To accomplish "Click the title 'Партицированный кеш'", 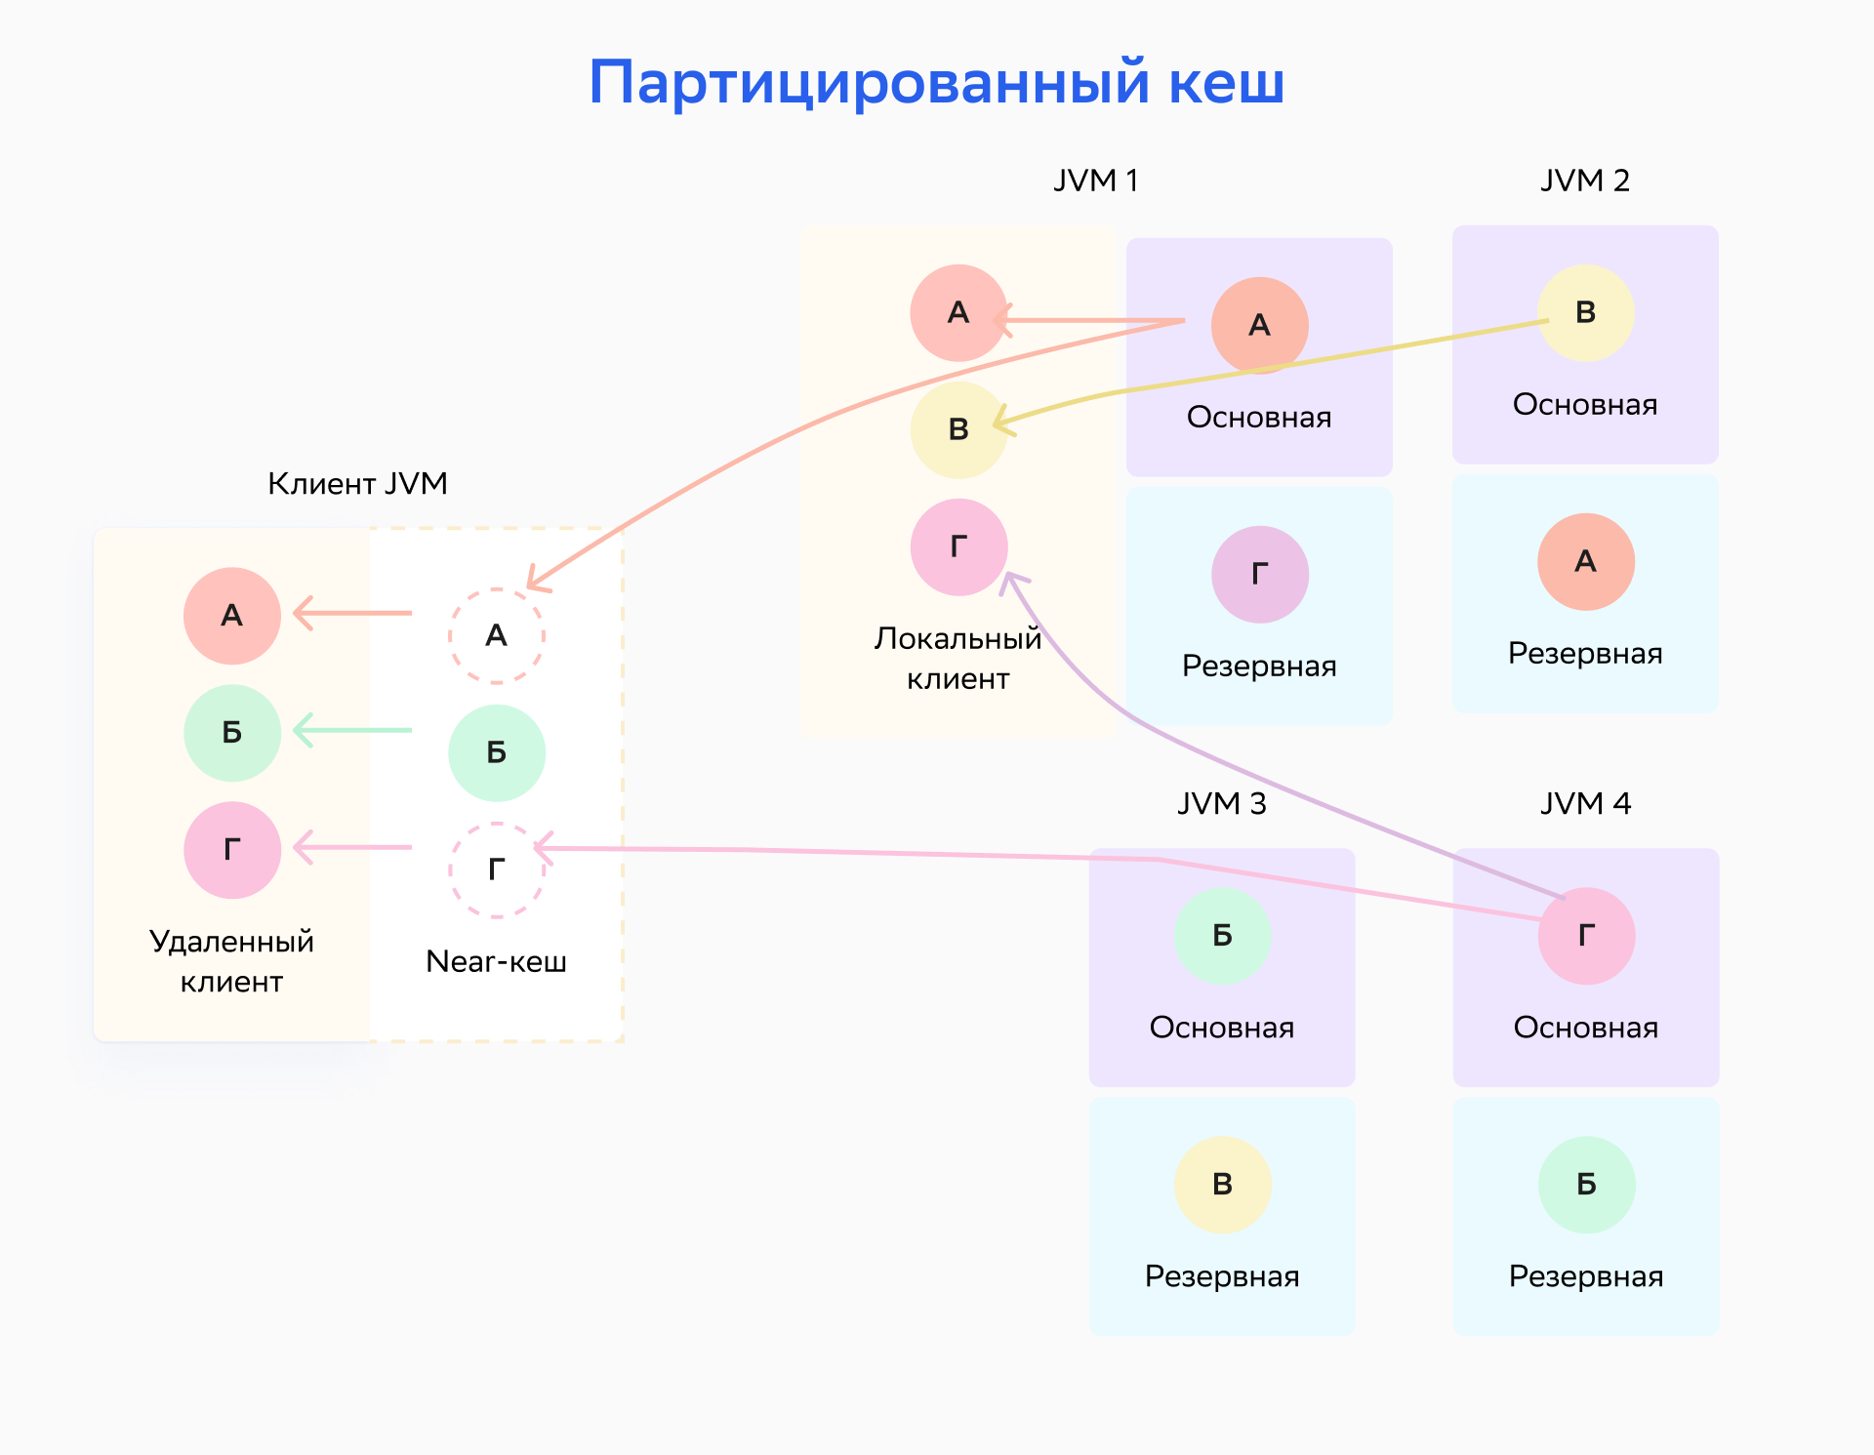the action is (936, 82).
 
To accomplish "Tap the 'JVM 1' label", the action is (1096, 181).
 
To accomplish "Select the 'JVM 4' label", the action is (1585, 803).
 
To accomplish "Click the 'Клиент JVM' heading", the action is (357, 484).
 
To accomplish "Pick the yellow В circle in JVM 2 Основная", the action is (1586, 313).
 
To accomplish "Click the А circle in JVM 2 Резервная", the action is (1586, 562).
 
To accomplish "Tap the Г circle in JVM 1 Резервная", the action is (1260, 575).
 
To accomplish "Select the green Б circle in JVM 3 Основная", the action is (1223, 936).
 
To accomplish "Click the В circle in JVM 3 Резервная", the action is (1223, 1185).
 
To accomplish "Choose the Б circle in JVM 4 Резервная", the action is (1587, 1185).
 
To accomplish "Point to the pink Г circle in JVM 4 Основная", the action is (1587, 936).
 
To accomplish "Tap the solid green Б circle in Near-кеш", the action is (497, 753).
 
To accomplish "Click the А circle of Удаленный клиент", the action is (232, 616).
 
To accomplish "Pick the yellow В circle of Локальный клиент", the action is (959, 430).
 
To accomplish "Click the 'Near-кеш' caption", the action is (497, 961).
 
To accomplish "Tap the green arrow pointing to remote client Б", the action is (352, 730).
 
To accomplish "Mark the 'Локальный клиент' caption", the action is (958, 658).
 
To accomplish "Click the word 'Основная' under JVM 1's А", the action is (1259, 418).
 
